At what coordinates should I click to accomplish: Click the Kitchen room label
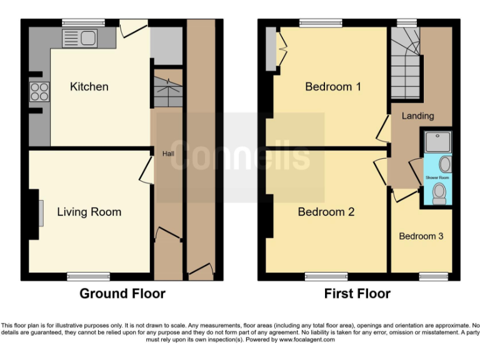[x=89, y=87]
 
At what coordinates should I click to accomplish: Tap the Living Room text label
[x=89, y=212]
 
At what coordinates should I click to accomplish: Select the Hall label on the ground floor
[x=169, y=154]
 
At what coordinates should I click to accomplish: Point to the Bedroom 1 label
[x=332, y=87]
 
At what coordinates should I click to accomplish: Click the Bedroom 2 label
[x=326, y=212]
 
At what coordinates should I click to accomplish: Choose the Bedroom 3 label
[x=421, y=236]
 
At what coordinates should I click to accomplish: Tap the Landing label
[x=417, y=116]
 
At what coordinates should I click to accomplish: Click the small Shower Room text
[x=437, y=177]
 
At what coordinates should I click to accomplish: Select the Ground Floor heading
[x=122, y=293]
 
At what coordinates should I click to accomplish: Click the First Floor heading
[x=357, y=293]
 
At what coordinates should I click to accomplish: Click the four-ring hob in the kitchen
[x=39, y=92]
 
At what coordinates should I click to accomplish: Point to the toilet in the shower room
[x=439, y=192]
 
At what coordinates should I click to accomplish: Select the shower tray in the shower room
[x=437, y=142]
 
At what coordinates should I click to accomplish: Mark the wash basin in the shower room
[x=445, y=164]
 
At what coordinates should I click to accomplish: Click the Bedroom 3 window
[x=434, y=276]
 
